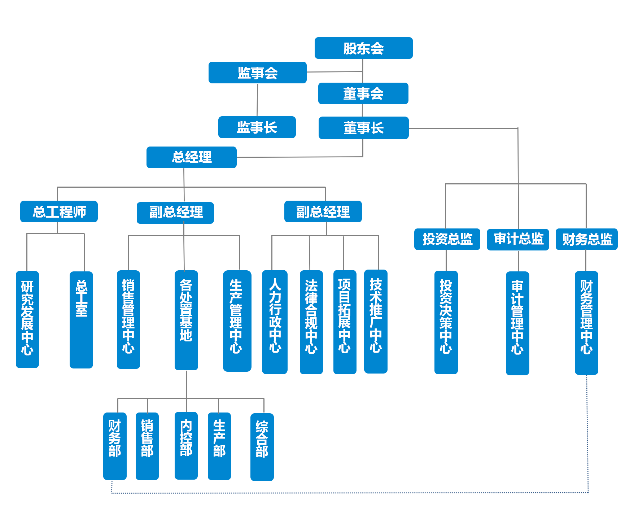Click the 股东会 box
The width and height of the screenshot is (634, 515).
(x=363, y=48)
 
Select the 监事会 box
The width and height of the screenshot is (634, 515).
(x=257, y=73)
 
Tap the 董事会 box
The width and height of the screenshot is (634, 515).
(x=363, y=93)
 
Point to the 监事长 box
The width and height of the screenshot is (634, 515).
(x=257, y=127)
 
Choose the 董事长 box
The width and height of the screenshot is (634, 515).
(x=363, y=128)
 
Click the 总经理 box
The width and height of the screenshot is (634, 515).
(x=191, y=157)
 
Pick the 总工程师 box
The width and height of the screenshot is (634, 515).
(x=59, y=211)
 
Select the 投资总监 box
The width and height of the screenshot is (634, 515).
(x=447, y=239)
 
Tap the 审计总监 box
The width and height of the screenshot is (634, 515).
(x=518, y=239)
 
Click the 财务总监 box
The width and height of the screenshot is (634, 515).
(x=586, y=239)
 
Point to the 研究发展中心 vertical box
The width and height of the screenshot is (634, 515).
(x=27, y=319)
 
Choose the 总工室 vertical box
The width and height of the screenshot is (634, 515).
(x=81, y=320)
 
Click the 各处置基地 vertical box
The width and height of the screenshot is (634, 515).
(x=186, y=320)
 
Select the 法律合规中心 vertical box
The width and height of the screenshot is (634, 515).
(x=311, y=322)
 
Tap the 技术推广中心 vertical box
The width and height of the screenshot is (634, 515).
(x=376, y=321)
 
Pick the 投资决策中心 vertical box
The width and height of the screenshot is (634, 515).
(x=446, y=322)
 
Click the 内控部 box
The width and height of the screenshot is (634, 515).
(x=186, y=445)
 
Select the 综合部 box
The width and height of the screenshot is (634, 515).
(x=262, y=447)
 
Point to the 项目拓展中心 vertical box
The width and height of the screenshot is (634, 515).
(x=345, y=322)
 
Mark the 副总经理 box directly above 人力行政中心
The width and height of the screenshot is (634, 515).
(x=323, y=211)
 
